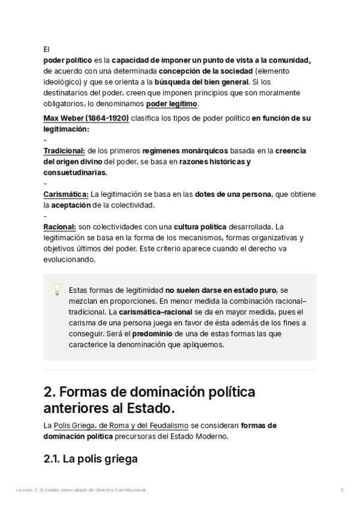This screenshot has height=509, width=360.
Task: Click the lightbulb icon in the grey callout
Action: [58, 289]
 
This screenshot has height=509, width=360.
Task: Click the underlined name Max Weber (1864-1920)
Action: [86, 118]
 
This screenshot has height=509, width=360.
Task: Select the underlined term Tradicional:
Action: [65, 151]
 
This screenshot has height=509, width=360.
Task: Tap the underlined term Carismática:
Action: [66, 194]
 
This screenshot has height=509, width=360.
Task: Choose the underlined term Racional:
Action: [59, 227]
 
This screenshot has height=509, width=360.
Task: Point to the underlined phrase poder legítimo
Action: [172, 104]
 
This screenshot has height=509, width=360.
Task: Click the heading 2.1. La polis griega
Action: [91, 459]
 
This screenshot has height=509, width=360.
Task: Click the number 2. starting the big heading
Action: [50, 392]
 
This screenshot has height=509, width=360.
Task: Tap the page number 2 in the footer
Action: [341, 490]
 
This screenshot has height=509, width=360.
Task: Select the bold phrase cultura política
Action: [200, 227]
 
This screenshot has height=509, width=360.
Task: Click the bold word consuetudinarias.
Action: [76, 172]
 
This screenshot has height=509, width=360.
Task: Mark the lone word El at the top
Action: [47, 50]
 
